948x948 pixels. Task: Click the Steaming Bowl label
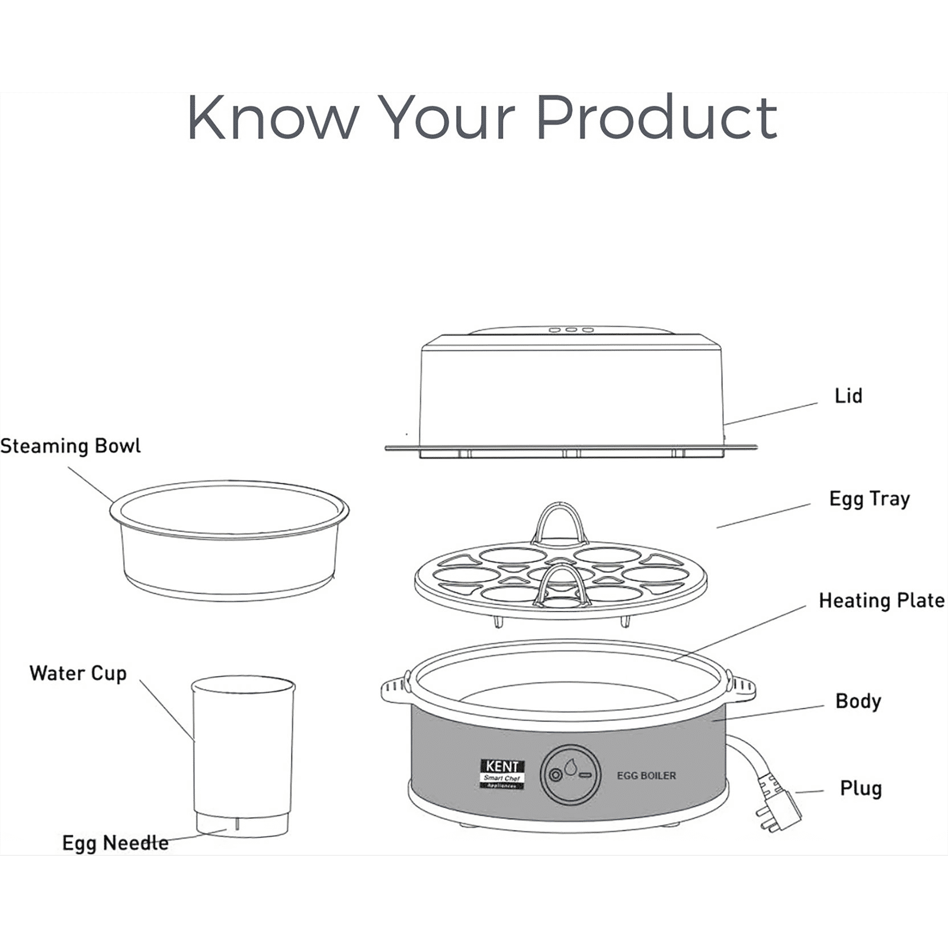pyautogui.click(x=71, y=446)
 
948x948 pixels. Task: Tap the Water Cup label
pyautogui.click(x=78, y=674)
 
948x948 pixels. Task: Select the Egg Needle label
pyautogui.click(x=115, y=843)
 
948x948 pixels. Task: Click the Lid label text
pyautogui.click(x=848, y=396)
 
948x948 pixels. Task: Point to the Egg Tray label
pyautogui.click(x=869, y=499)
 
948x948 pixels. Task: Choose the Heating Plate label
pyautogui.click(x=881, y=601)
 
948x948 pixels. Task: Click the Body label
pyautogui.click(x=857, y=702)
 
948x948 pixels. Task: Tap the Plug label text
pyautogui.click(x=860, y=789)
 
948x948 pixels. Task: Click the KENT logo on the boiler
pyautogui.click(x=502, y=774)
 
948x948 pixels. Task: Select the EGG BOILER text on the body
pyautogui.click(x=646, y=776)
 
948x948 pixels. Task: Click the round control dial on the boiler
pyautogui.click(x=570, y=774)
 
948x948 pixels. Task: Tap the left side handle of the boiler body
pyautogui.click(x=395, y=689)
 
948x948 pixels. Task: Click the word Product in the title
pyautogui.click(x=656, y=118)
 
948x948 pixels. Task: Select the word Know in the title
pyautogui.click(x=273, y=118)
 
